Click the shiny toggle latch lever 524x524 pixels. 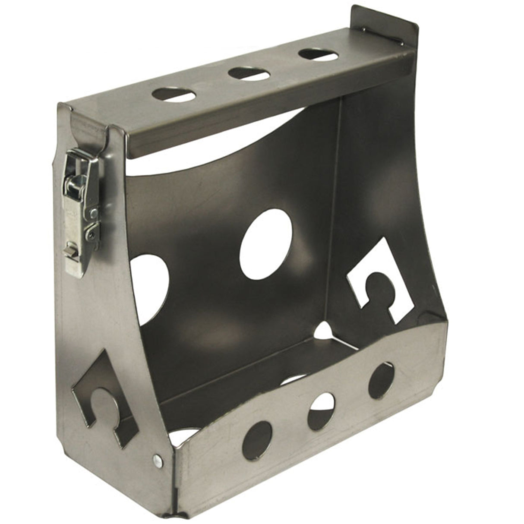click(78, 173)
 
